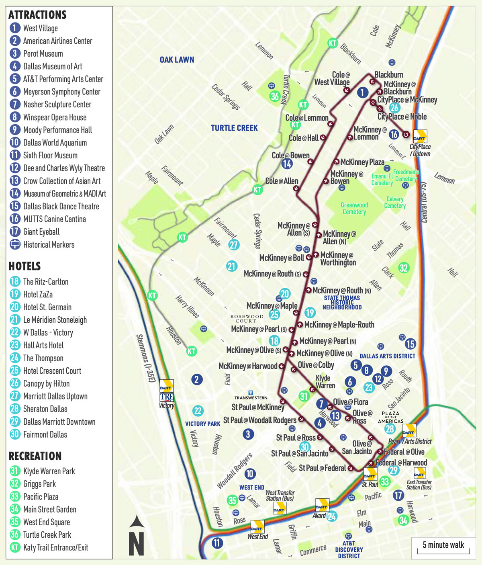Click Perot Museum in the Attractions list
click(43, 53)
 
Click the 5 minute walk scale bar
click(443, 546)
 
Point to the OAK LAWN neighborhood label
click(177, 60)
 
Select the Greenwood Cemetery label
click(354, 208)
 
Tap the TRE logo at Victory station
click(166, 397)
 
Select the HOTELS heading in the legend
click(25, 266)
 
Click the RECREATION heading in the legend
click(35, 456)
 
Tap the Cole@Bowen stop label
click(290, 155)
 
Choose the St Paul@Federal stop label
click(322, 468)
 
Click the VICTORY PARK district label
click(202, 424)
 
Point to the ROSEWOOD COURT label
click(247, 319)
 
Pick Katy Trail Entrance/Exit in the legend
click(55, 547)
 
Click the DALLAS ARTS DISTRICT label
click(387, 356)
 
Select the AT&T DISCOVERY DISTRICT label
click(349, 549)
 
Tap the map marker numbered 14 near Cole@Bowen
click(287, 164)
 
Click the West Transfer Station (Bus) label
click(280, 495)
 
